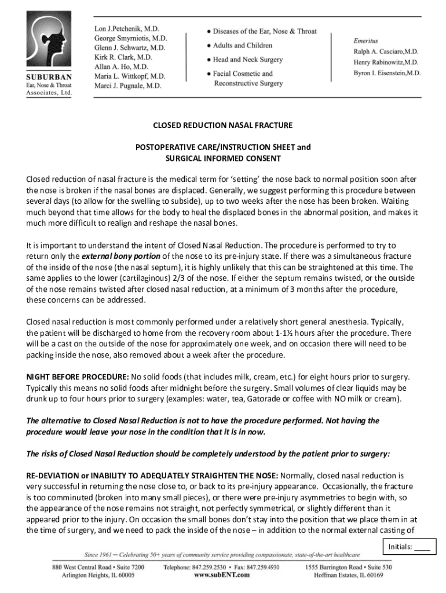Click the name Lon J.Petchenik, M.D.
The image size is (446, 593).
(x=127, y=28)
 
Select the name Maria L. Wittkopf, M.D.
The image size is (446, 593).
(x=130, y=76)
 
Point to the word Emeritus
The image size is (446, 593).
(x=365, y=41)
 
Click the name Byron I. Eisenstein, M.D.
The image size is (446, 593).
(x=387, y=74)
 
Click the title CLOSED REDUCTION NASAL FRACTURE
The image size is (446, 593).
(x=222, y=125)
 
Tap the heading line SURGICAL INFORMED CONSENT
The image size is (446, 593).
(x=223, y=158)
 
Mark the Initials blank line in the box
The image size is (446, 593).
(x=422, y=546)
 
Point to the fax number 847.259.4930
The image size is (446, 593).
(x=264, y=568)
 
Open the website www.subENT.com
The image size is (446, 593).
(x=222, y=576)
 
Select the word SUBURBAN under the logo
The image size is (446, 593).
(x=49, y=78)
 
